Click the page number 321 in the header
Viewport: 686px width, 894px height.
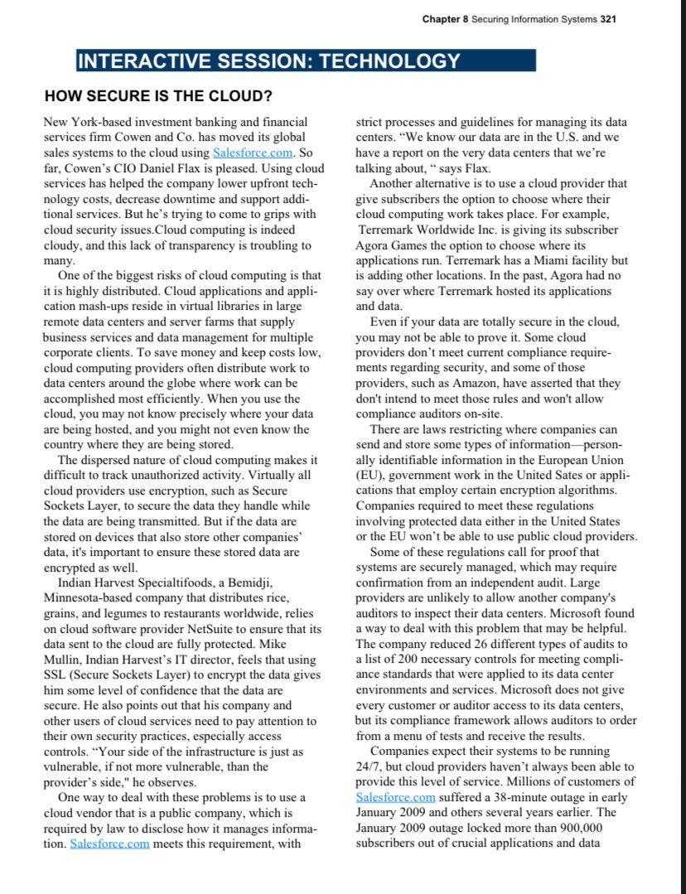pos(607,19)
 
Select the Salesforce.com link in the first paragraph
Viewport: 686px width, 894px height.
pos(253,152)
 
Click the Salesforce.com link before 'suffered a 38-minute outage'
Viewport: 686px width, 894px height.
pos(395,796)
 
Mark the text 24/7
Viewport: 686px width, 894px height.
pos(368,766)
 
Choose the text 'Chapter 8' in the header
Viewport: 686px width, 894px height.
pos(445,19)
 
